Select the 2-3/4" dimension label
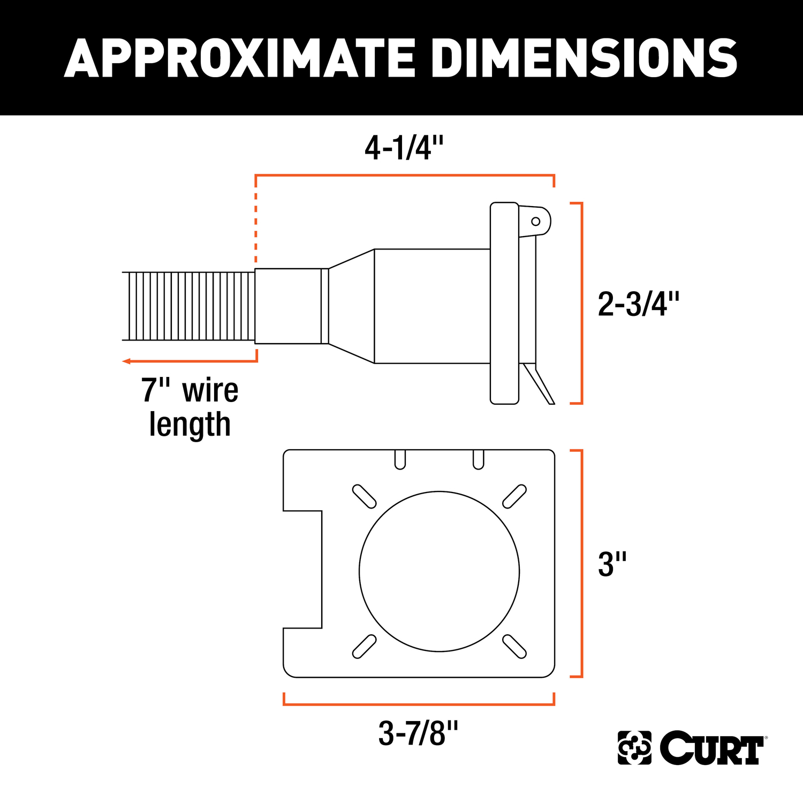pyautogui.click(x=638, y=304)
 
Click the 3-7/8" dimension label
pyautogui.click(x=418, y=733)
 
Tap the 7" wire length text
pyautogui.click(x=190, y=407)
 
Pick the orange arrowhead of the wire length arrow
pyautogui.click(x=126, y=361)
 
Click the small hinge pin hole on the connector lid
pyautogui.click(x=535, y=221)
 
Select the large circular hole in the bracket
pyautogui.click(x=439, y=571)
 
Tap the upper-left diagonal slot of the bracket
pyautogui.click(x=364, y=496)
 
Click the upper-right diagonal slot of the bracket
pyautogui.click(x=514, y=496)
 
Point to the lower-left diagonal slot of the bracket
pyautogui.click(x=364, y=646)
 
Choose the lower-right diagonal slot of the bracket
pyautogui.click(x=514, y=646)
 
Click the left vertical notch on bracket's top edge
pyautogui.click(x=400, y=459)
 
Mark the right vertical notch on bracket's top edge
pyautogui.click(x=479, y=459)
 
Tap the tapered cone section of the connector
pyautogui.click(x=351, y=306)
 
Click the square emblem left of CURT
pyautogui.click(x=634, y=747)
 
